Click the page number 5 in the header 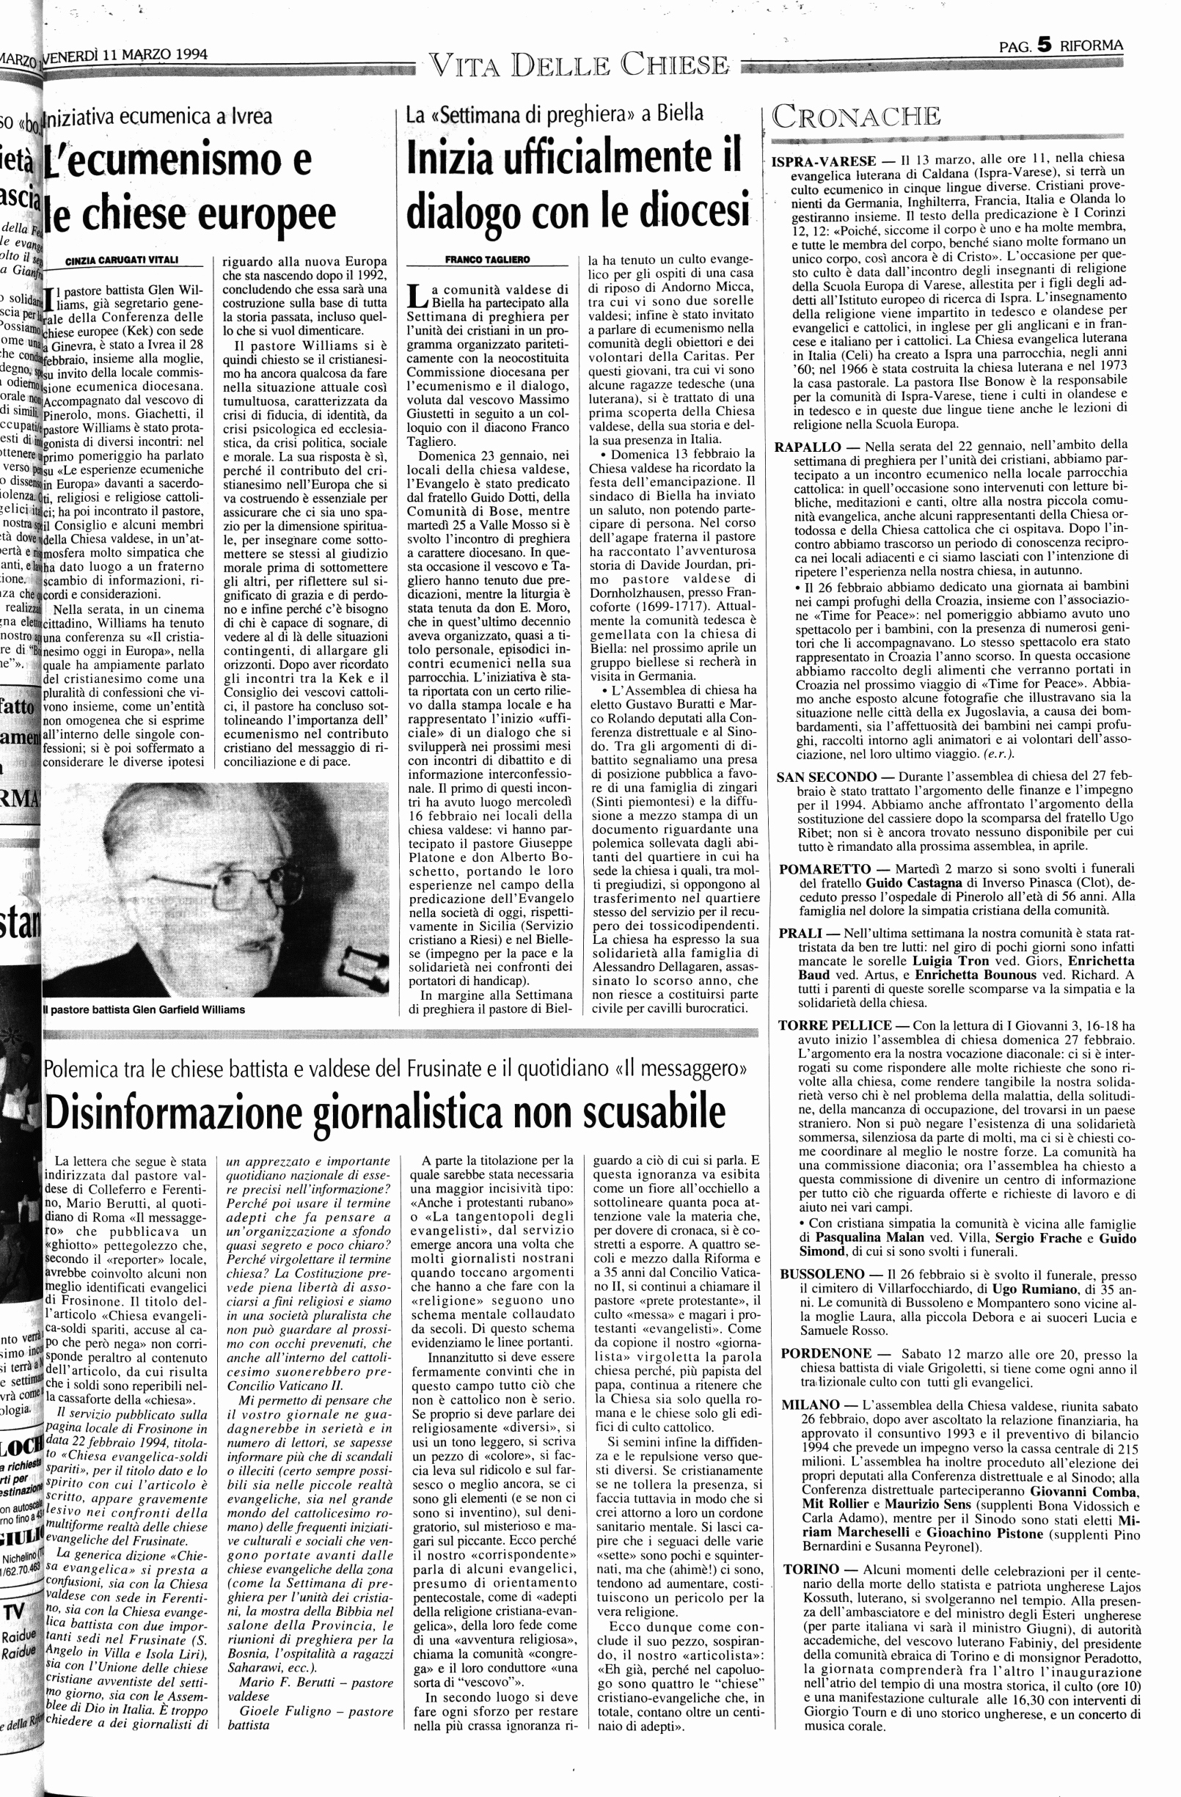pyautogui.click(x=1045, y=45)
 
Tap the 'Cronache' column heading pyautogui.click(x=857, y=117)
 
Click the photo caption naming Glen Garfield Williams pyautogui.click(x=145, y=1009)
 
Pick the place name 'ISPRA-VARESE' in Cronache pyautogui.click(x=823, y=161)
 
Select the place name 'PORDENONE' pyautogui.click(x=826, y=1353)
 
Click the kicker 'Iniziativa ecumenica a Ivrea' pyautogui.click(x=158, y=117)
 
